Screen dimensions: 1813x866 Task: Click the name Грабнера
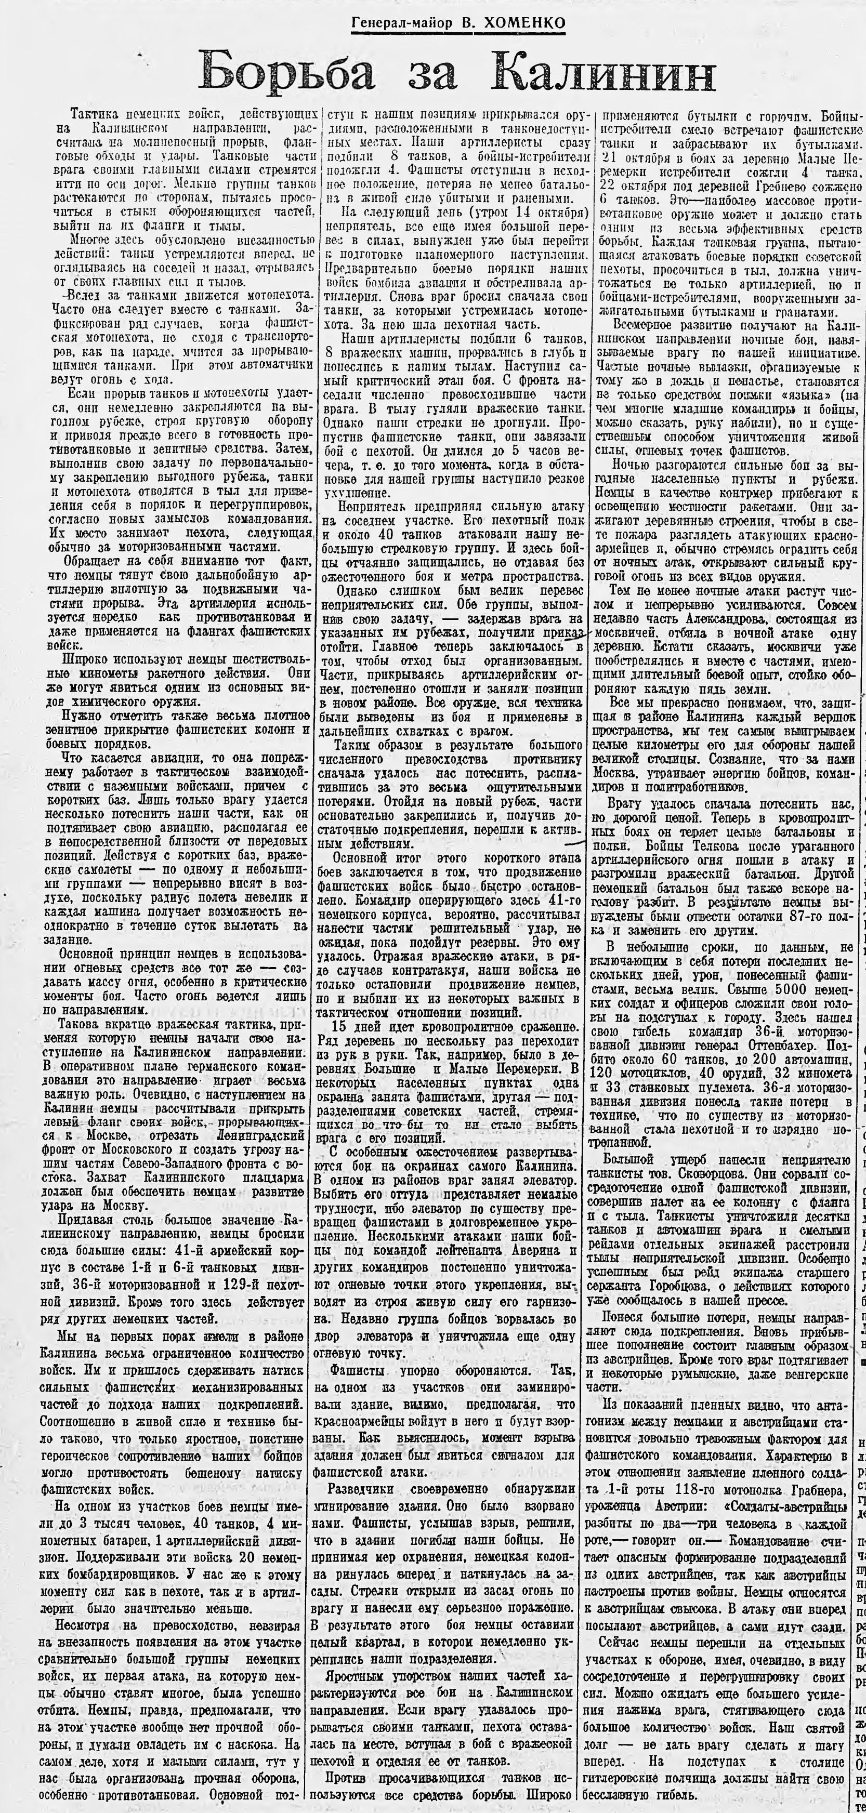coord(817,1682)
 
